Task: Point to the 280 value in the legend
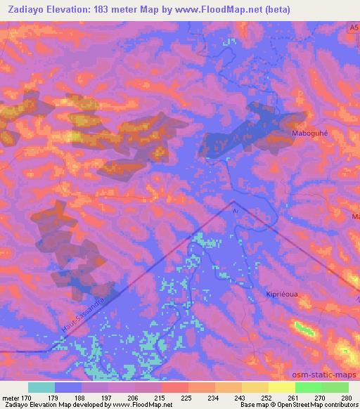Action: click(x=345, y=398)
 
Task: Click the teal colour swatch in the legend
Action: click(x=41, y=387)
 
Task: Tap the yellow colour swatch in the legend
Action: click(x=281, y=387)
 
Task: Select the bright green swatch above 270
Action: click(x=308, y=387)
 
